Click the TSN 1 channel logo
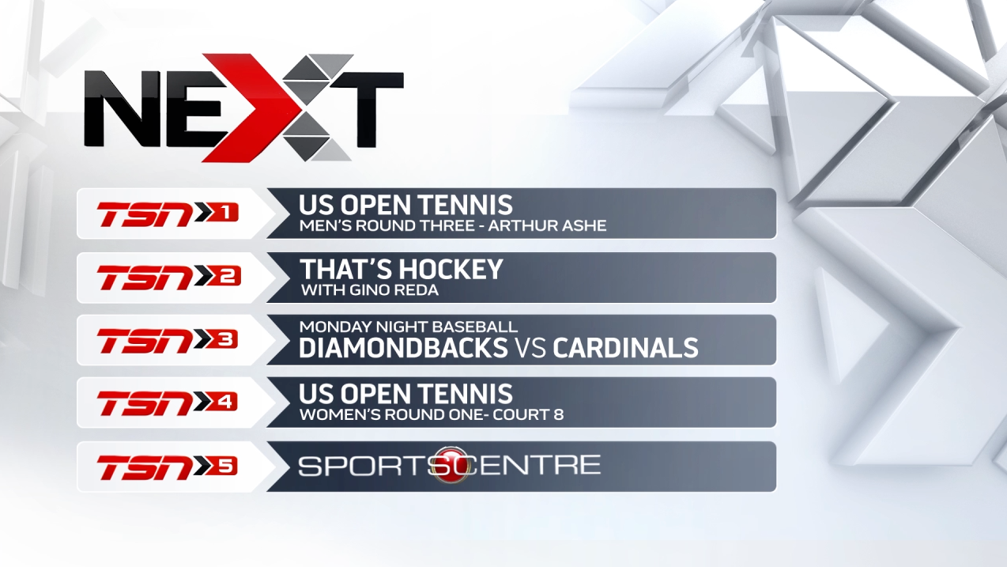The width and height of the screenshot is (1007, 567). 168,214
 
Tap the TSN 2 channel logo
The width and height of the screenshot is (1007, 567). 168,277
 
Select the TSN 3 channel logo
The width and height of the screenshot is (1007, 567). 168,340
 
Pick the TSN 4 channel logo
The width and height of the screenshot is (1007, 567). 168,403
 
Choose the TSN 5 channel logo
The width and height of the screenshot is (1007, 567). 168,467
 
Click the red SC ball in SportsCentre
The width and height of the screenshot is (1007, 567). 451,465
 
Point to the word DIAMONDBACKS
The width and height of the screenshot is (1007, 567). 403,348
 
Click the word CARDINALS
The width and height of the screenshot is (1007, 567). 625,348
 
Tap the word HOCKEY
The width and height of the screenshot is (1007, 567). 451,270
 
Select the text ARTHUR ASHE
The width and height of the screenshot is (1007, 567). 547,225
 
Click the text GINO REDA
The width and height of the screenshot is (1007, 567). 394,290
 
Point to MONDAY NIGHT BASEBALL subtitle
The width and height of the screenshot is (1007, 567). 408,327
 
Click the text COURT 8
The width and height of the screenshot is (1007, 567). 528,414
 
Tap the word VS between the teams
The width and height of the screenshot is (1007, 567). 530,348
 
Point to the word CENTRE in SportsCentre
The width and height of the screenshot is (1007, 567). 535,465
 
